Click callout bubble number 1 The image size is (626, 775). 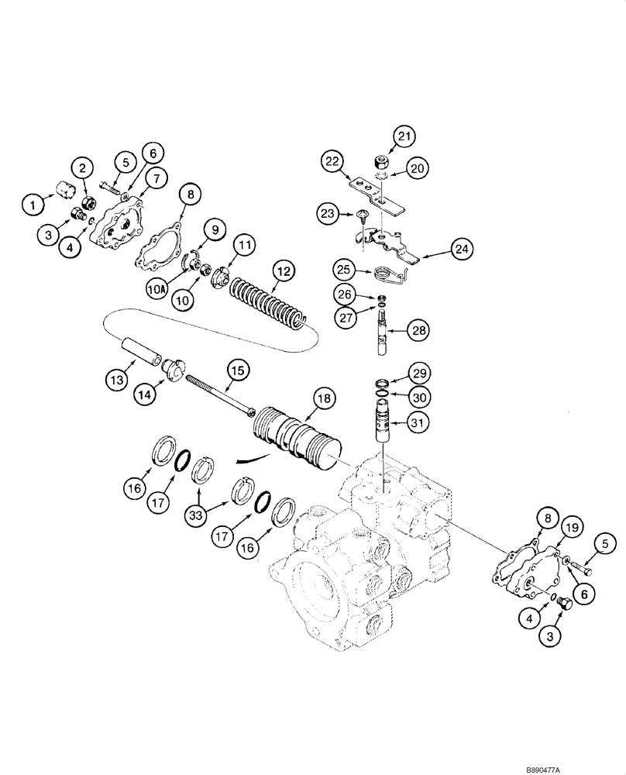33,205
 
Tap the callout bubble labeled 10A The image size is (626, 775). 156,288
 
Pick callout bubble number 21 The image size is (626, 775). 403,137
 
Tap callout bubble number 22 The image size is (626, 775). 332,161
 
